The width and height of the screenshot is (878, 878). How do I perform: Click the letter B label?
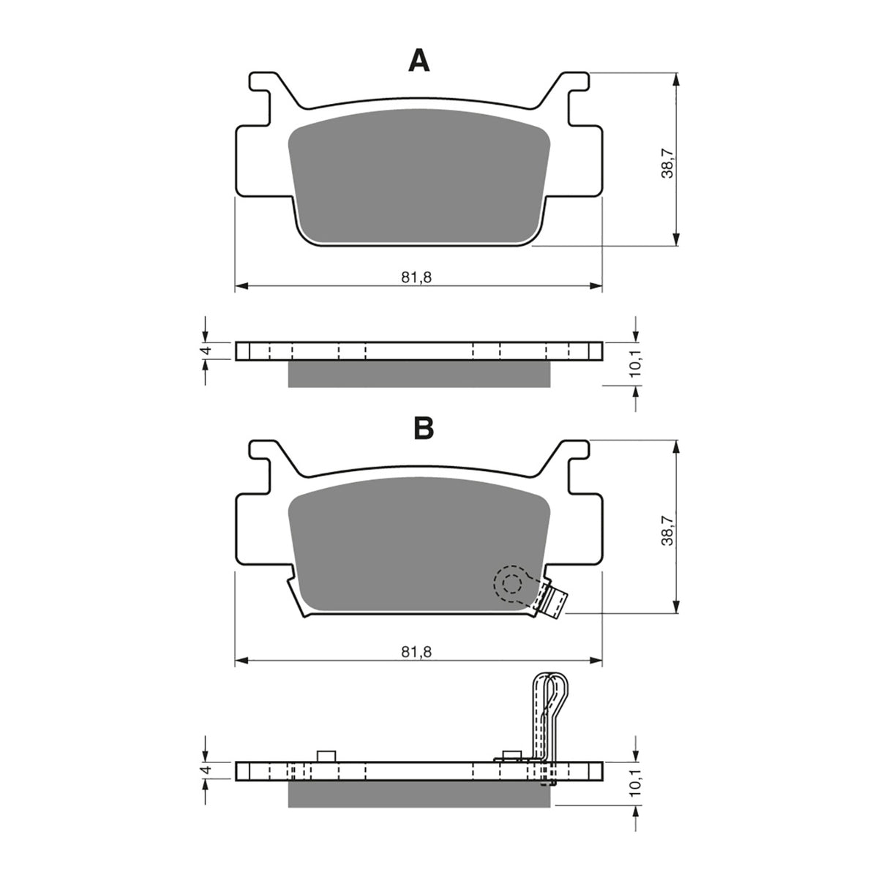coord(424,428)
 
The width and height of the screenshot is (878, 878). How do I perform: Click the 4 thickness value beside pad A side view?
coord(207,350)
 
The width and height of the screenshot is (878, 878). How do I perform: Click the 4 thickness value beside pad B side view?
coord(207,770)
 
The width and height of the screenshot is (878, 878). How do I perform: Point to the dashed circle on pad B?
coord(511,584)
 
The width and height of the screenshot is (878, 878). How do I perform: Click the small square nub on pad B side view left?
coord(327,756)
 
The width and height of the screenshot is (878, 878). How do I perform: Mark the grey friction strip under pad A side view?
coord(419,374)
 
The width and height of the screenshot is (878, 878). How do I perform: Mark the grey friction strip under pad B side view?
coord(419,795)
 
